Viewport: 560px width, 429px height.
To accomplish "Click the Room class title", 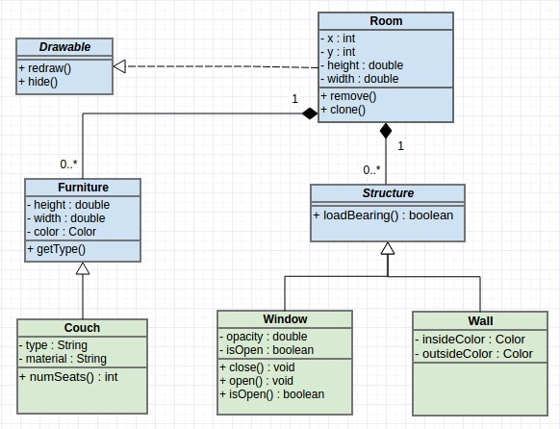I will (386, 21).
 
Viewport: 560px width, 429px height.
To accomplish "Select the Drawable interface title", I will (64, 47).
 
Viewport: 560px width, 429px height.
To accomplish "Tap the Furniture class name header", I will (82, 188).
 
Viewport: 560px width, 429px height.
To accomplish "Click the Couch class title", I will (82, 328).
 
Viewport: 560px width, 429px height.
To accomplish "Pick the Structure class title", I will (387, 193).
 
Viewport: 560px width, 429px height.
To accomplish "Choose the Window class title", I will (285, 319).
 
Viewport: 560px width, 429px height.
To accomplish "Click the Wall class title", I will (480, 320).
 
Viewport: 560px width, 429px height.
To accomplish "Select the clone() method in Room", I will (344, 111).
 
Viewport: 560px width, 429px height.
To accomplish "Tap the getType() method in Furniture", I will (57, 250).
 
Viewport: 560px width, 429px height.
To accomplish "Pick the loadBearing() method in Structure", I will (383, 214).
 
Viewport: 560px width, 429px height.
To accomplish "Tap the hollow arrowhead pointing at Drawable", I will (119, 66).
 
